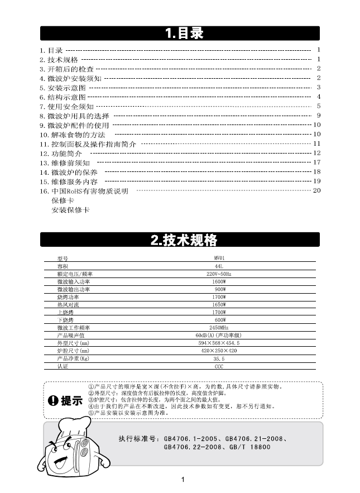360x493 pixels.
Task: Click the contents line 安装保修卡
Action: [70, 210]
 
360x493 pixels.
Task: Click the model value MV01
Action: [219, 259]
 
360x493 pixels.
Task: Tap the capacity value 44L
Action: [219, 267]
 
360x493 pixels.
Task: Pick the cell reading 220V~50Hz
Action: [219, 275]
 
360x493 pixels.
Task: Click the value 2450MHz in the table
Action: [219, 327]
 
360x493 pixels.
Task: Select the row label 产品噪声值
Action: [70, 335]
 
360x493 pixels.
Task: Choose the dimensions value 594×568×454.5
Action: [219, 343]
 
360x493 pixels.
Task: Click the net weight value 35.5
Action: [219, 358]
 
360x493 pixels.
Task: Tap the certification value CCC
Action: [219, 366]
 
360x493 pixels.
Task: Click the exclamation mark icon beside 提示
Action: [54, 400]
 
